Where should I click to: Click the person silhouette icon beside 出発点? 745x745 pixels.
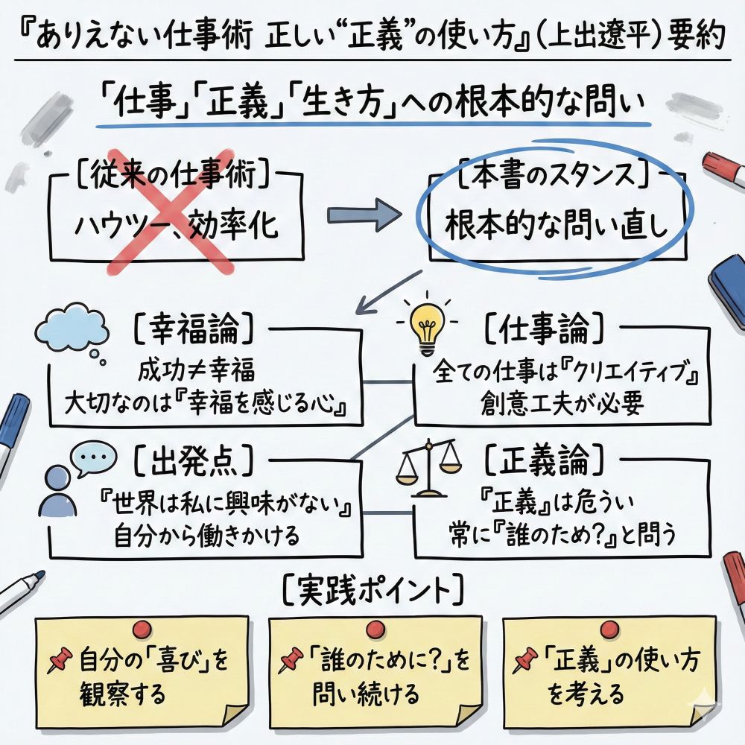click(58, 492)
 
